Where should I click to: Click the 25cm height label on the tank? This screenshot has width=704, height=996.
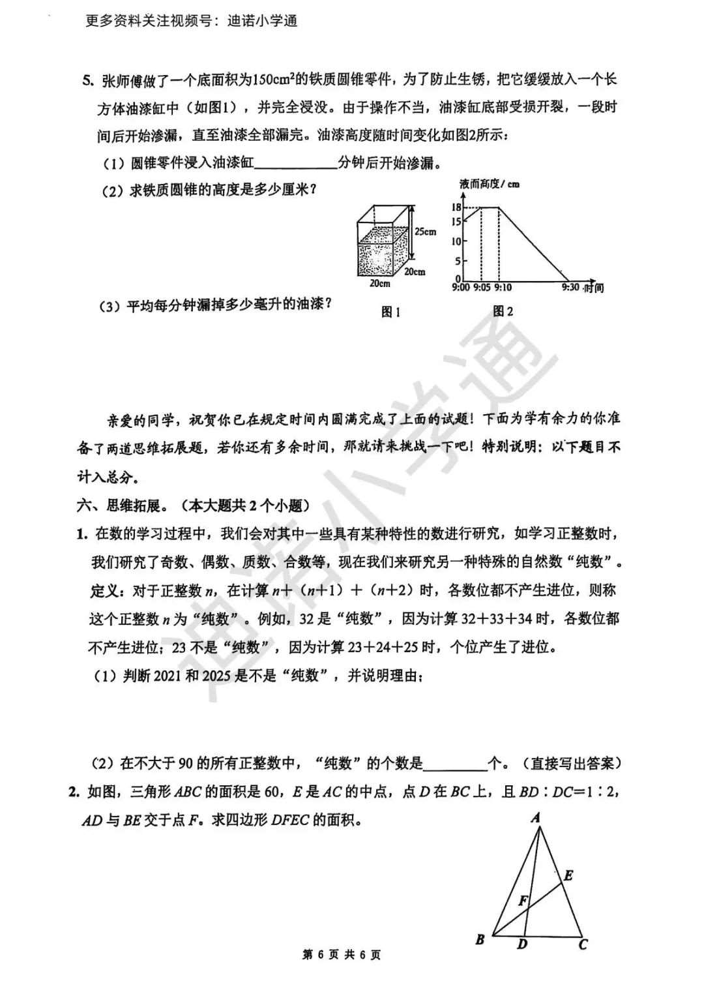pyautogui.click(x=425, y=232)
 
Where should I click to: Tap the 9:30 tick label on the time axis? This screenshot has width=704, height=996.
pyautogui.click(x=570, y=287)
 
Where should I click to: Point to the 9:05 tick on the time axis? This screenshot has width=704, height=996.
pyautogui.click(x=481, y=288)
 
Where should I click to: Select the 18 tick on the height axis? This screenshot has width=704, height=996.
pyautogui.click(x=456, y=207)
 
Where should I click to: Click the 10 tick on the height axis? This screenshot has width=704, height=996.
pyautogui.click(x=456, y=241)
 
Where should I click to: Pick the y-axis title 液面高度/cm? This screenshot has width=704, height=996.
pyautogui.click(x=489, y=185)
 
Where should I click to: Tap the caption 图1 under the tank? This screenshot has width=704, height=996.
pyautogui.click(x=390, y=312)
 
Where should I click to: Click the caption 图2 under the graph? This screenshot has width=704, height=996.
pyautogui.click(x=503, y=311)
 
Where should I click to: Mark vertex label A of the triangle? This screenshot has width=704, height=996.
pyautogui.click(x=536, y=817)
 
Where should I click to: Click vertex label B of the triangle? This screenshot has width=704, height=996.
pyautogui.click(x=480, y=940)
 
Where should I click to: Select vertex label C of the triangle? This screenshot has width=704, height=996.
pyautogui.click(x=583, y=944)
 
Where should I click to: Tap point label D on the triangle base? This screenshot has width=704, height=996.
pyautogui.click(x=521, y=944)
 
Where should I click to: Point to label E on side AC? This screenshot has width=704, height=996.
pyautogui.click(x=568, y=875)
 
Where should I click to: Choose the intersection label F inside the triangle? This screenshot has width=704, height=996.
pyautogui.click(x=522, y=901)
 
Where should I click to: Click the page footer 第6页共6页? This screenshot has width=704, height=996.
pyautogui.click(x=342, y=955)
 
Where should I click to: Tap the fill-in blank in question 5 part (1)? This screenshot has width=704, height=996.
pyautogui.click(x=295, y=163)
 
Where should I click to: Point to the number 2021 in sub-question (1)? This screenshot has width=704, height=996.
pyautogui.click(x=168, y=676)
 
